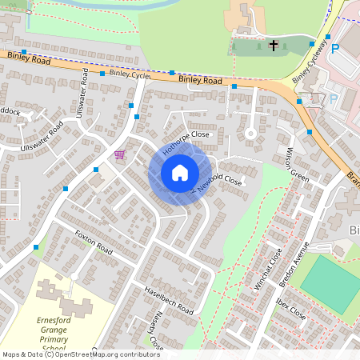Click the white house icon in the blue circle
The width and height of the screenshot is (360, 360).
pos(180,173)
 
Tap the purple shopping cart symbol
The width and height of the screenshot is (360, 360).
pos(120,154)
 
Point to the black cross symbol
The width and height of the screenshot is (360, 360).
pos(273,46)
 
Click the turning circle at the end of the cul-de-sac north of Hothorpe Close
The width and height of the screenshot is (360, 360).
pos(250,132)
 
